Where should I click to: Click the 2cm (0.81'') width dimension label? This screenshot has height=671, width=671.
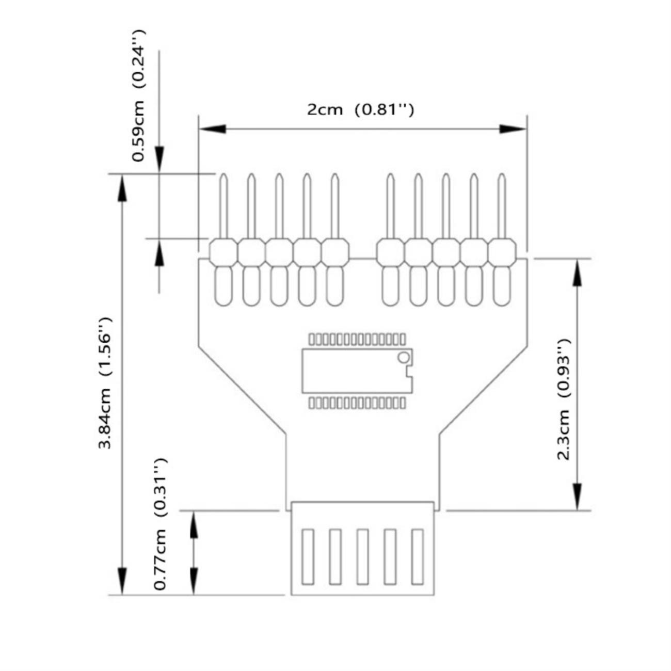coord(360,109)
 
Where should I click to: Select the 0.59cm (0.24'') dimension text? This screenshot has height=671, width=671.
coord(138,95)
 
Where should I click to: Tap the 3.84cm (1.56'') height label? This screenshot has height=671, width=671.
coord(106,383)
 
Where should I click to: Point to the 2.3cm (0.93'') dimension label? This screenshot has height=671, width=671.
coord(563,400)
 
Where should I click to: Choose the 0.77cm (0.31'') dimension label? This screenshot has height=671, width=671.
coord(160,524)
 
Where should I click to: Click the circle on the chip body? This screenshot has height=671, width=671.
coord(403,357)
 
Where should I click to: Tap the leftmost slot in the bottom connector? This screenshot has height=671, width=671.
coord(308,556)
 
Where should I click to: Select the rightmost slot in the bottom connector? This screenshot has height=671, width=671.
coord(417,556)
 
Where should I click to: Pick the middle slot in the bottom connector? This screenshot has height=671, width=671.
coord(362,556)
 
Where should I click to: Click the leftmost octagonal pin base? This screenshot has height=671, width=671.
coord(223,252)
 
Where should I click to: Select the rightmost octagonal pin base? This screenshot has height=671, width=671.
coord(502,252)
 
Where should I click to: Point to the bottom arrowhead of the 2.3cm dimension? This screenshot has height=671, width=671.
coord(577,497)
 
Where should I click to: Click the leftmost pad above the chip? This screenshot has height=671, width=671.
coord(312,339)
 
